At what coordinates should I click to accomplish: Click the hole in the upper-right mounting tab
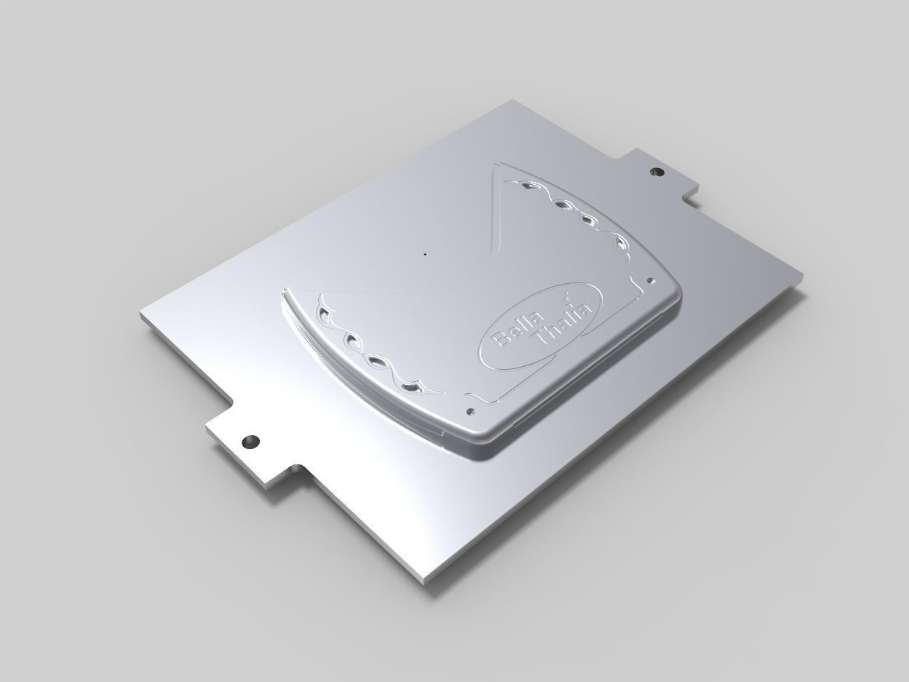(x=656, y=173)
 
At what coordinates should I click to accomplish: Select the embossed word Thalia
(x=564, y=321)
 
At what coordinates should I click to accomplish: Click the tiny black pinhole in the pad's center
(x=424, y=255)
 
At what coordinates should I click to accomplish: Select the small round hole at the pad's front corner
(x=471, y=411)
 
